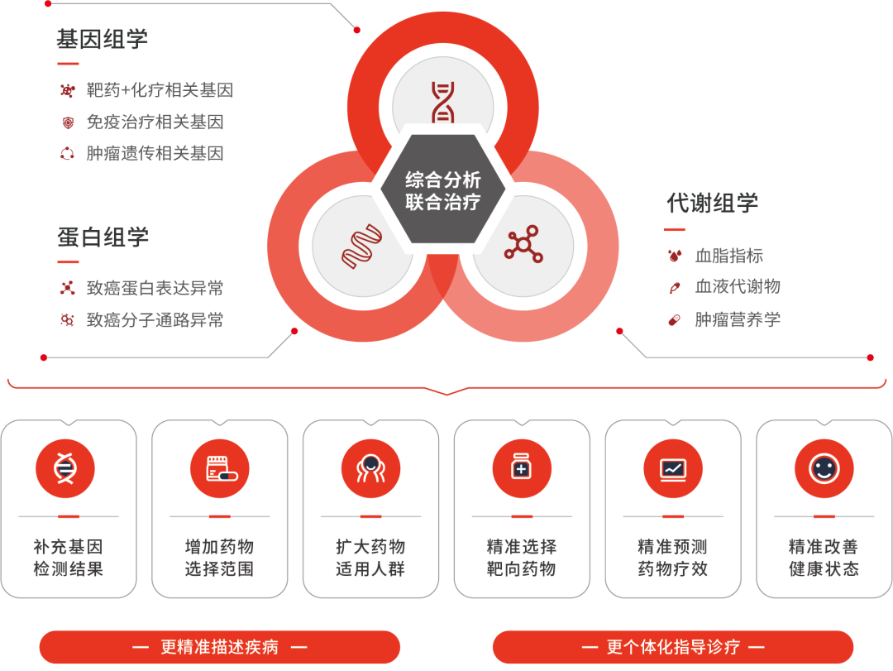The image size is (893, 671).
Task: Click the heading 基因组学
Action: (x=102, y=40)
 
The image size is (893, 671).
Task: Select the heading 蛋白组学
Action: (x=103, y=237)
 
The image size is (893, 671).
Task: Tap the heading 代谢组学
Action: (x=713, y=203)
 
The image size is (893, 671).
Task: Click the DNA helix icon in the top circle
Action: (x=443, y=102)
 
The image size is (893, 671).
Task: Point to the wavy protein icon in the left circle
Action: (x=361, y=247)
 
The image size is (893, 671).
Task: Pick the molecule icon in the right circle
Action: (x=523, y=245)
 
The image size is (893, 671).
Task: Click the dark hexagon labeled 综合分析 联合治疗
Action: (x=443, y=189)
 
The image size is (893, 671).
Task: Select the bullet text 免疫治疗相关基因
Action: (x=155, y=122)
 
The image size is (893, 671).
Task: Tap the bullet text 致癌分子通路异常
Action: (x=155, y=320)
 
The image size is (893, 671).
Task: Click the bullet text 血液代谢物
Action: (x=738, y=287)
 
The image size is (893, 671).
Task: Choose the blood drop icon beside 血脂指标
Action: (x=675, y=256)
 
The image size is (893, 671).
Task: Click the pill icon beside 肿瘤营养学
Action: (x=675, y=320)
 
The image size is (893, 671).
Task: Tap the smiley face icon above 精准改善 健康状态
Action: (x=824, y=468)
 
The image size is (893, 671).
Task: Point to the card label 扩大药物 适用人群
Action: (x=370, y=558)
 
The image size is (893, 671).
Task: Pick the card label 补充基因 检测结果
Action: (x=69, y=558)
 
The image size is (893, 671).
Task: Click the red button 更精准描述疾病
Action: (x=219, y=647)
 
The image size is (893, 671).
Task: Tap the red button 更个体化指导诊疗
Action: (x=672, y=647)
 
